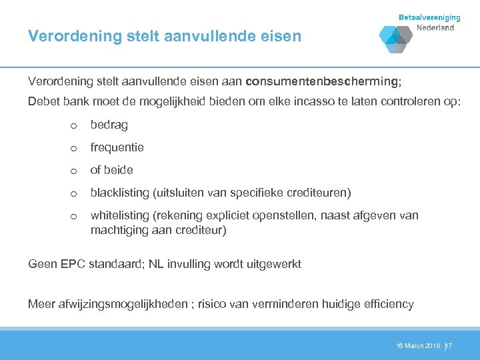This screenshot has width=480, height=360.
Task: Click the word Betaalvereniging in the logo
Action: pos(430,17)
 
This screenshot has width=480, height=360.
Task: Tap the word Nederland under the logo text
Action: pos(435,28)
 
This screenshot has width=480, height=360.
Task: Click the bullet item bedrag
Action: pos(109,125)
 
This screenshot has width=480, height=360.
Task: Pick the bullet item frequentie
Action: pos(117,147)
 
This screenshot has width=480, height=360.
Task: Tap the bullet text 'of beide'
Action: pos(112,170)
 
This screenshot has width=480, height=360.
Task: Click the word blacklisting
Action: pos(120,193)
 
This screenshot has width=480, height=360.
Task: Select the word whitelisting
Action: pos(121,215)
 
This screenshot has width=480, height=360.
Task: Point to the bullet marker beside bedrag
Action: pos(74,125)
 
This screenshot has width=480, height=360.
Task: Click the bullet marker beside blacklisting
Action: pos(74,193)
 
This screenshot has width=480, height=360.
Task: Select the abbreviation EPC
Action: pos(72,264)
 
